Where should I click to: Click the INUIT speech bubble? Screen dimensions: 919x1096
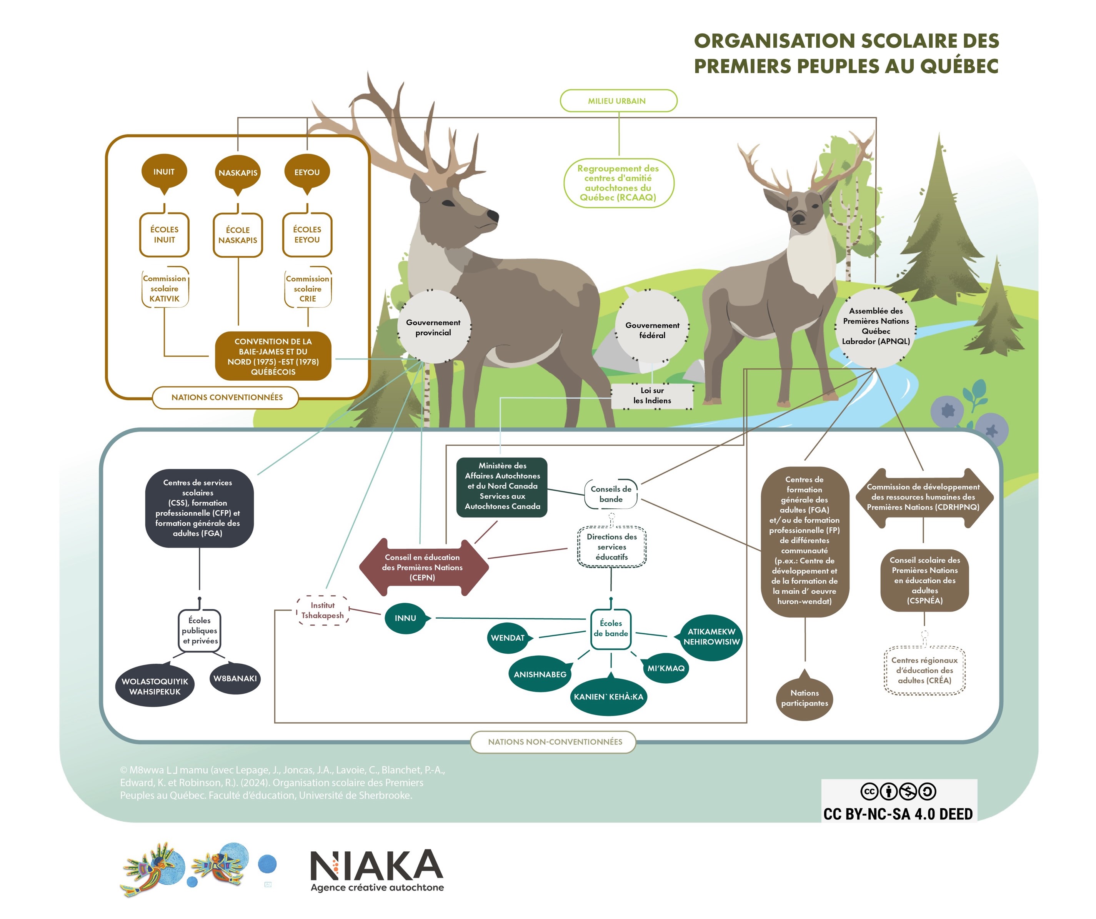[x=164, y=172]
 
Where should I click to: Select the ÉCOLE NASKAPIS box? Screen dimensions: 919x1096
[x=238, y=235]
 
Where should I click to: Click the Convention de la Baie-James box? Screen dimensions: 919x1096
[x=273, y=356]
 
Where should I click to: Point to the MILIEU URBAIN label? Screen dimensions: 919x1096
[x=618, y=101]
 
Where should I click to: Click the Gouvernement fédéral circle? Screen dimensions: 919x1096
[x=652, y=330]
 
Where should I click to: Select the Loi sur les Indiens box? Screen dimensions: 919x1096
[x=652, y=396]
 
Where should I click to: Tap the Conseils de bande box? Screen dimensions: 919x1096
[x=611, y=494]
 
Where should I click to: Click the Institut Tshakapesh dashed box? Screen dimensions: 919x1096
[x=323, y=610]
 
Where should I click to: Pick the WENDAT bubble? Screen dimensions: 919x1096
[x=508, y=638]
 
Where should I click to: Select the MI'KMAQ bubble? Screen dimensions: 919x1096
[x=666, y=668]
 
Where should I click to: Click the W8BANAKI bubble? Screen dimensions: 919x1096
[x=235, y=678]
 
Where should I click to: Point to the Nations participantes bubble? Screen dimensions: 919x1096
[x=804, y=698]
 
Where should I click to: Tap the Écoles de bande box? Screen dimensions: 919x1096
[x=611, y=628]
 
